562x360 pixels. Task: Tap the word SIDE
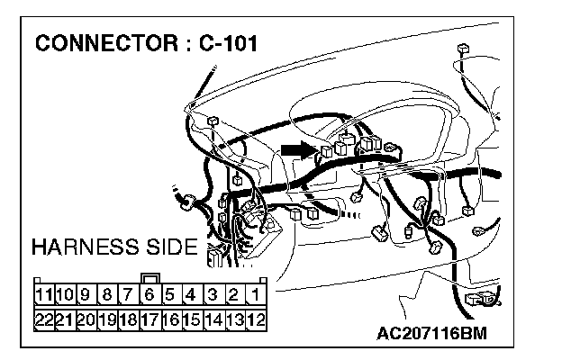click(x=170, y=247)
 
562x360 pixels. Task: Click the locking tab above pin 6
click(x=150, y=278)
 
